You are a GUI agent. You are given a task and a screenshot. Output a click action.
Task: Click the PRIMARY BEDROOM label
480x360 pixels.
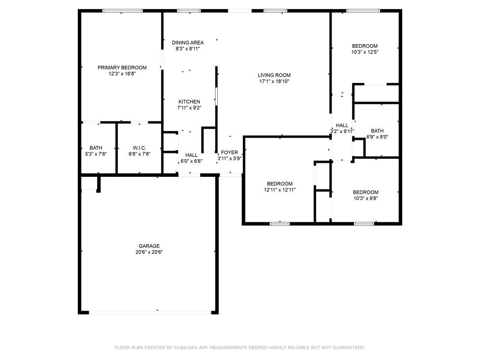[122, 67]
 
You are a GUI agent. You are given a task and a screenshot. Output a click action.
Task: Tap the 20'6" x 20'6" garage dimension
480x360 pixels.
[149, 252]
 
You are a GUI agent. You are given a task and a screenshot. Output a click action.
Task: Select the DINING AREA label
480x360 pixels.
[188, 43]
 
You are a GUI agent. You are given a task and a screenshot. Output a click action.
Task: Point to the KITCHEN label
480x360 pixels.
[189, 102]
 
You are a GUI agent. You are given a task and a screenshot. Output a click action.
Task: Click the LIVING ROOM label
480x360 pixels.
[274, 75]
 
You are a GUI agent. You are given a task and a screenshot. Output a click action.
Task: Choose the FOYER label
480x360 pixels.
[229, 153]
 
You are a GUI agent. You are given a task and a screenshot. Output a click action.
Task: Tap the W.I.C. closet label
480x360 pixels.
[139, 148]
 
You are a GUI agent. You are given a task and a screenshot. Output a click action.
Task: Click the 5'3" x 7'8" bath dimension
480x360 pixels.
[96, 153]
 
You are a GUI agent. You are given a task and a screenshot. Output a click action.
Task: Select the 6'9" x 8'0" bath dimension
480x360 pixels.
[377, 137]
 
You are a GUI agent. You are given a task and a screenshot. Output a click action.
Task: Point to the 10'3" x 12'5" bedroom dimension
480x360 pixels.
[364, 52]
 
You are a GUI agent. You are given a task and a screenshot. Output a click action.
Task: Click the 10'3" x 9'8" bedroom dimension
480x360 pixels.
[365, 198]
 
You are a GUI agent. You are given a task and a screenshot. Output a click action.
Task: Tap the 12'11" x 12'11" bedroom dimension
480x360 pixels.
[279, 189]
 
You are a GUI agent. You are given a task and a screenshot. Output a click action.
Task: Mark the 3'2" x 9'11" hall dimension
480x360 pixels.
[342, 131]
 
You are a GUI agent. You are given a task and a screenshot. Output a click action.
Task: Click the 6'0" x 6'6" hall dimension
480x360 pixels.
[191, 161]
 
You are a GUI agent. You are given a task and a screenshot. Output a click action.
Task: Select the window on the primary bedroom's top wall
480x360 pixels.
[122, 11]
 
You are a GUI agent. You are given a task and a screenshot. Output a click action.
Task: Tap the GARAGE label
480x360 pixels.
[149, 246]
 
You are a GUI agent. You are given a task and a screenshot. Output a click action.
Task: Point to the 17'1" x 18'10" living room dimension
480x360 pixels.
[274, 81]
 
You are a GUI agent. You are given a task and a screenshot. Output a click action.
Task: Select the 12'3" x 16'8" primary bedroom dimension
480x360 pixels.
[122, 73]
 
